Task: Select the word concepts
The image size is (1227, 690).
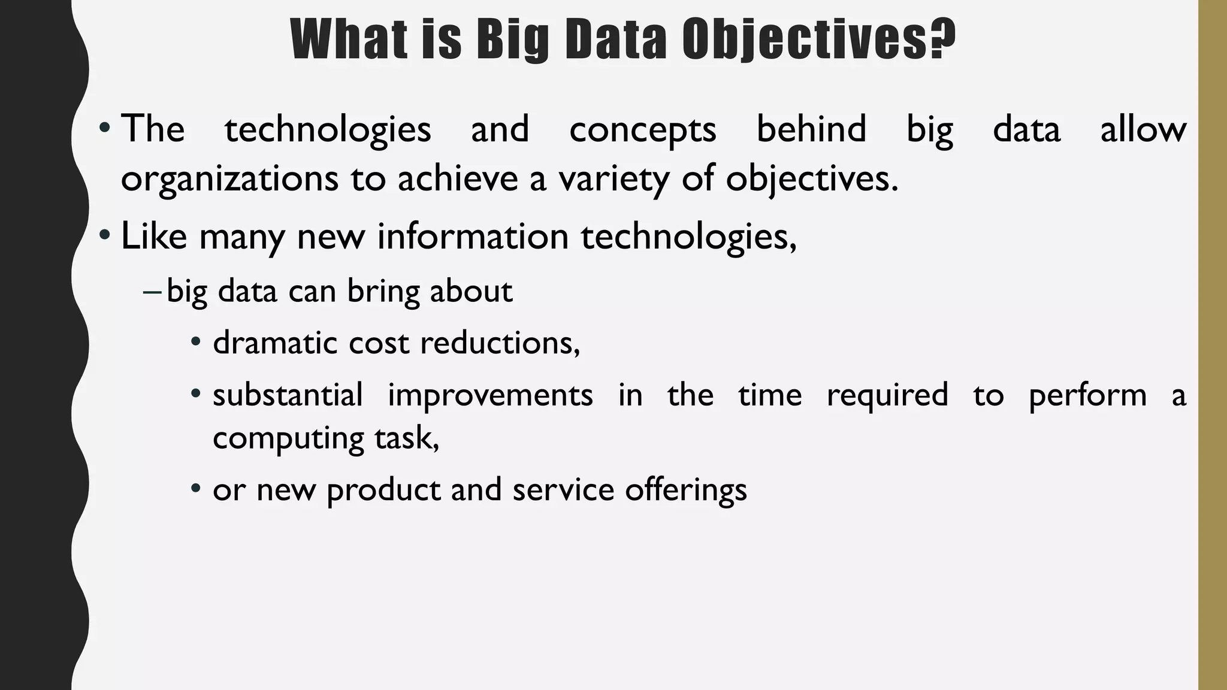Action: (642, 130)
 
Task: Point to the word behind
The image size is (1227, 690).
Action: (811, 129)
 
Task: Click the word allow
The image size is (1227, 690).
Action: (1143, 129)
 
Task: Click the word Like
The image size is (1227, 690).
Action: (154, 235)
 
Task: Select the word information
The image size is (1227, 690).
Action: (473, 235)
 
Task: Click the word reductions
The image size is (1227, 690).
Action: (500, 343)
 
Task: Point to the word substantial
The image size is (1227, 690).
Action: (288, 395)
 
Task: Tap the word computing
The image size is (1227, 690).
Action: (288, 438)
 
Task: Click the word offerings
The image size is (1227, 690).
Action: (686, 490)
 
